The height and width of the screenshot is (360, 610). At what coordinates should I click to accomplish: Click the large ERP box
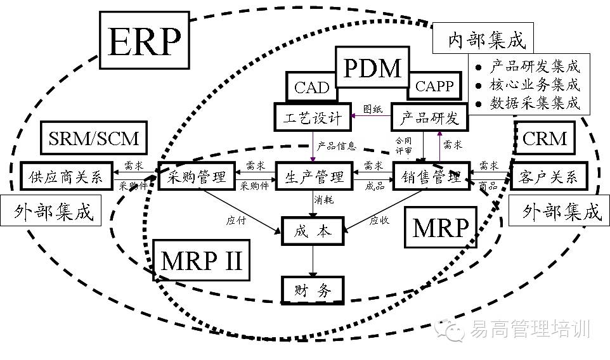[x=145, y=42]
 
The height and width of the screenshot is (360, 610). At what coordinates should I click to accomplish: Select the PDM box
[x=372, y=68]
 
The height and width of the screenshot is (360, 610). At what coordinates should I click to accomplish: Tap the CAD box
[x=312, y=87]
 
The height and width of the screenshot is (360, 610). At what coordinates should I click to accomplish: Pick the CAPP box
[x=434, y=86]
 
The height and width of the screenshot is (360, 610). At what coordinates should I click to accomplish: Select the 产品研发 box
[x=429, y=118]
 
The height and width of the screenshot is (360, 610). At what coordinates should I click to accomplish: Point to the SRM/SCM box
[x=93, y=136]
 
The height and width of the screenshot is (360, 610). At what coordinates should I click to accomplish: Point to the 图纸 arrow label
[x=372, y=109]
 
